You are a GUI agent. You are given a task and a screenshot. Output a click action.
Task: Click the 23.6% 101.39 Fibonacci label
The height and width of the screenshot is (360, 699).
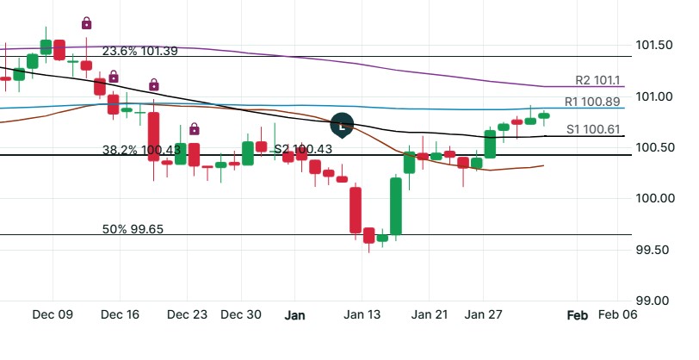coord(140,51)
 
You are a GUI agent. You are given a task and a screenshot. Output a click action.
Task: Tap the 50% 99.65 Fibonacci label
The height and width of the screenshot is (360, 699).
coord(133,229)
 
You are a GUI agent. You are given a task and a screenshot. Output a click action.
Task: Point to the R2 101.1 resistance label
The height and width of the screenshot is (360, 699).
coord(597,80)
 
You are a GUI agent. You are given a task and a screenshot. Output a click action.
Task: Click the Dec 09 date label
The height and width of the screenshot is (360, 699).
coord(53,315)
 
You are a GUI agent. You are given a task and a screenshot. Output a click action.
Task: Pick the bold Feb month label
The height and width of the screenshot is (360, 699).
coord(577,315)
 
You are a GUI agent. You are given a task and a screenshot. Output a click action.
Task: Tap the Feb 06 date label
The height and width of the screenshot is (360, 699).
coord(618,315)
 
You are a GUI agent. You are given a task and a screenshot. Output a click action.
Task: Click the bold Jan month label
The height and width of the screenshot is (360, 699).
coord(295,315)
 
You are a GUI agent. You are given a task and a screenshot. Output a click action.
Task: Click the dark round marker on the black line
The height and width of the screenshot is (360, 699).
coord(343,126)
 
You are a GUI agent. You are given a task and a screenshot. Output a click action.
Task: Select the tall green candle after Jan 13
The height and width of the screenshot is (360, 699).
coord(396,206)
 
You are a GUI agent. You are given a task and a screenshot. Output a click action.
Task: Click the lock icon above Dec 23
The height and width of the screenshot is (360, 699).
coord(195,129)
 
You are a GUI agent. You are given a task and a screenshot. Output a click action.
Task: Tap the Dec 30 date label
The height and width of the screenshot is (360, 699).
coord(240,315)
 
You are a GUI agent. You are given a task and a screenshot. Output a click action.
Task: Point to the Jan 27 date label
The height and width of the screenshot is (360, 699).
coord(483,315)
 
